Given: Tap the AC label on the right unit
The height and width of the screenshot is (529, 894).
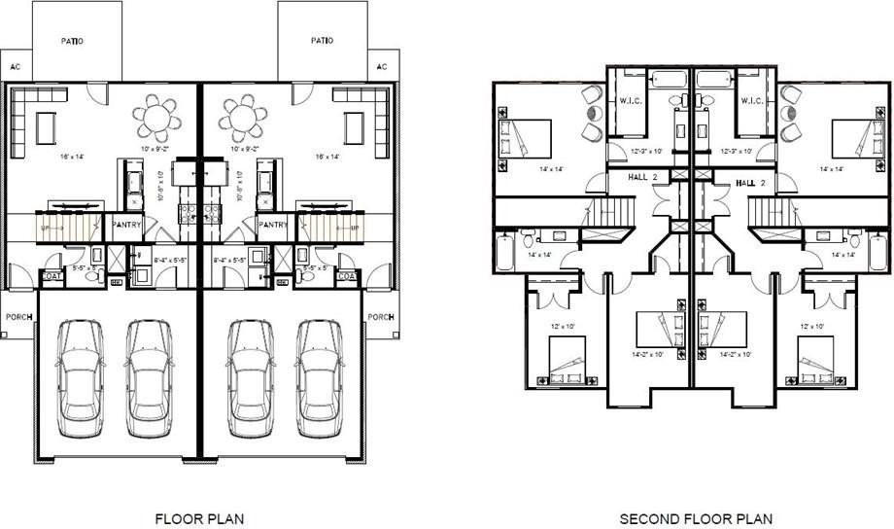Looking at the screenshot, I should point(381,66).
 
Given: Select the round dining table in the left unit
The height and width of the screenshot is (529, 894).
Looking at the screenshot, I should point(156,119).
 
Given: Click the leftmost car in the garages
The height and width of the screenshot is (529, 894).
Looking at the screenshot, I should point(80,378).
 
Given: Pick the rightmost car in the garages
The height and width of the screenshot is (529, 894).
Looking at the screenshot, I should point(320,378).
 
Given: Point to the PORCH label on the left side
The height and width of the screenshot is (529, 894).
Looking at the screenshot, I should point(17,317).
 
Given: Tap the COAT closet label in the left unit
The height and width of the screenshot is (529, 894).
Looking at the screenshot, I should point(52,277).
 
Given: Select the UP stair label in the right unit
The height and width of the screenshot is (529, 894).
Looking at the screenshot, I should point(355,227).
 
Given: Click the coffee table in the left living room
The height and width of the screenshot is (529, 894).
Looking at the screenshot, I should point(46,127).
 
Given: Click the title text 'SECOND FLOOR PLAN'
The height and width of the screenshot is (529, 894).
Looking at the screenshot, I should point(696,518).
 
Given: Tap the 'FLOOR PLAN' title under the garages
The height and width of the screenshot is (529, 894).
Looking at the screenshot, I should point(199,518).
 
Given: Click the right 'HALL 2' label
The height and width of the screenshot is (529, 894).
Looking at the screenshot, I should point(750,183).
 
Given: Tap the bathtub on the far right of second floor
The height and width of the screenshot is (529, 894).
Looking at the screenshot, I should point(877,252).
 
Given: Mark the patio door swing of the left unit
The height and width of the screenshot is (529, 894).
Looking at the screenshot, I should point(96,91).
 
